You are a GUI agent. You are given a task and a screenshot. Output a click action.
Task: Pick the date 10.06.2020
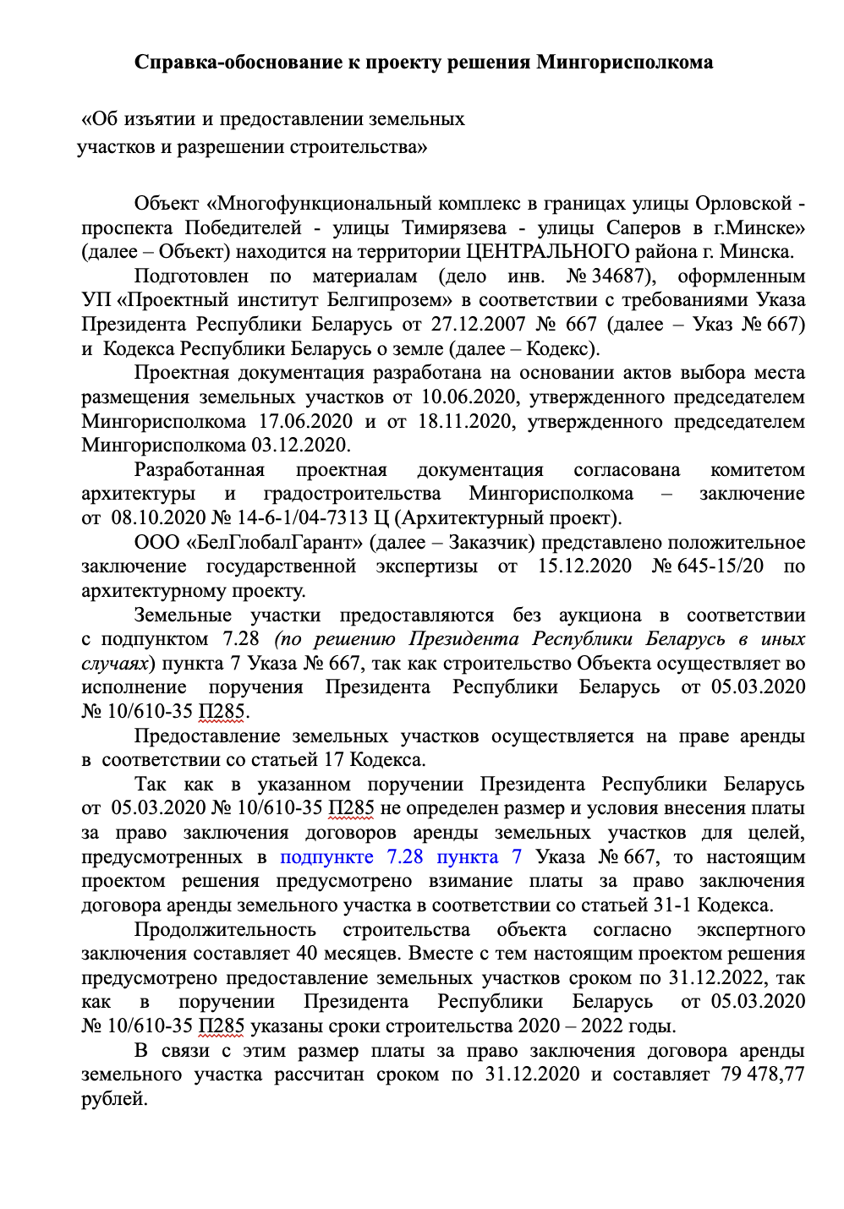click(466, 397)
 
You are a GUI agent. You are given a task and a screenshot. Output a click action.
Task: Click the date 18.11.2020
click(463, 421)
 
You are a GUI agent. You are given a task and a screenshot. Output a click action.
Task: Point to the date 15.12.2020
click(584, 566)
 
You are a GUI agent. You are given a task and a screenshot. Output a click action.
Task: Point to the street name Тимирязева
click(454, 227)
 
